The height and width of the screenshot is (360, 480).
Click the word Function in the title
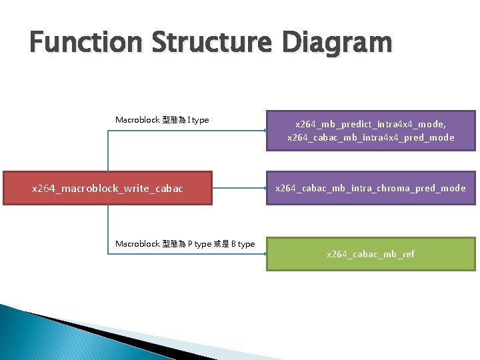tap(85, 43)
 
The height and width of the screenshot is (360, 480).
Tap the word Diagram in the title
tap(337, 43)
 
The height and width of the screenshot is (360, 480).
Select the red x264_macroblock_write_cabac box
tap(107, 188)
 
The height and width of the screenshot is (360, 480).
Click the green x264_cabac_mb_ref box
tap(371, 254)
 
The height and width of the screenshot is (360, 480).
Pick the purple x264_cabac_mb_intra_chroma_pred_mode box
tap(371, 188)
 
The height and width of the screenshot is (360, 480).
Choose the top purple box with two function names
tap(371, 130)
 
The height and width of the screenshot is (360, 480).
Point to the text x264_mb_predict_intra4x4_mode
tap(371, 124)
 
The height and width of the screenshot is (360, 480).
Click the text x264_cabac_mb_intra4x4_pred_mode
tap(371, 137)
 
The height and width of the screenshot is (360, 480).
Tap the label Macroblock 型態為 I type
tap(162, 120)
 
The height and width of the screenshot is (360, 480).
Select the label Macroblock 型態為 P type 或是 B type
tap(185, 244)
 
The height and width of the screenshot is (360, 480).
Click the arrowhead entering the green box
tap(264, 254)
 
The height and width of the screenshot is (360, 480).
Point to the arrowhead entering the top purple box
tap(264, 131)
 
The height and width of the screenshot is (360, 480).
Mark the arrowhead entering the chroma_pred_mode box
tap(264, 188)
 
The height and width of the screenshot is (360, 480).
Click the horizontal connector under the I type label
tap(187, 131)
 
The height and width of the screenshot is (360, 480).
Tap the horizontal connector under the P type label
tap(187, 254)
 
